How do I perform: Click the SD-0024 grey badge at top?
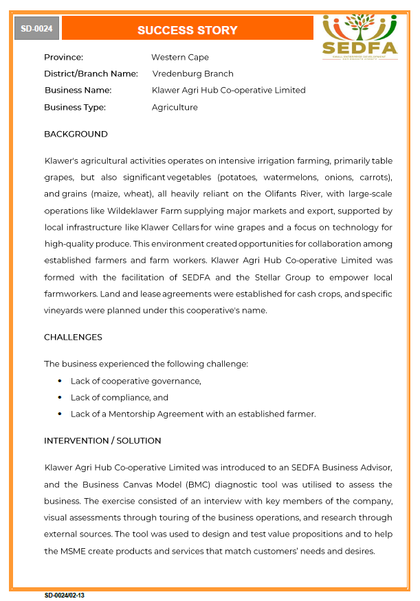pos(37,28)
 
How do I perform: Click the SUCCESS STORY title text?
pos(187,30)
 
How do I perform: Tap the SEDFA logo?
pos(360,37)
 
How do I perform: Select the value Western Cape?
pos(180,57)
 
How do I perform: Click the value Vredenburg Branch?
pos(192,73)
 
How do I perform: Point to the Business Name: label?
pos(78,90)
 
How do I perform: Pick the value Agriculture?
pos(175,107)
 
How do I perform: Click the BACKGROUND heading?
pos(76,134)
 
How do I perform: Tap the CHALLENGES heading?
pos(73,337)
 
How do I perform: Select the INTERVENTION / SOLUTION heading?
pos(102,440)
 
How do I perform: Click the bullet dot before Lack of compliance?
pos(61,397)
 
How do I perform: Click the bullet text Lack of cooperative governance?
pos(135,381)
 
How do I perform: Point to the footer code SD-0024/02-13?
pos(65,595)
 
